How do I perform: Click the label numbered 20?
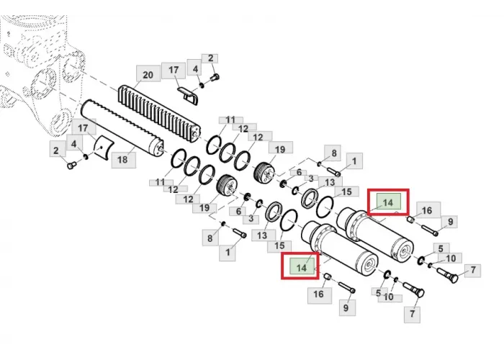click(148, 75)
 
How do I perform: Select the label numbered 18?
click(123, 159)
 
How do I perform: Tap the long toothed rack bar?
click(160, 114)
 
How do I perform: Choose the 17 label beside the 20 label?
click(174, 71)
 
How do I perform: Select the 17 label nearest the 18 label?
click(84, 128)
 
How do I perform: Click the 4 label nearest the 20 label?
click(195, 69)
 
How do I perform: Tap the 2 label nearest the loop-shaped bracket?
click(210, 58)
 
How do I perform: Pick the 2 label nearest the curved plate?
click(57, 150)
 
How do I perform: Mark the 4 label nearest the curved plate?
click(74, 143)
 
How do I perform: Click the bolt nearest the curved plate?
click(71, 166)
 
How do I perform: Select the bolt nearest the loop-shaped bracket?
click(215, 77)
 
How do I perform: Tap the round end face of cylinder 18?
click(157, 148)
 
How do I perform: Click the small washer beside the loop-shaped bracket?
click(202, 85)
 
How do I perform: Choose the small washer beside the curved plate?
click(86, 157)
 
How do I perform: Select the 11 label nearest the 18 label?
click(161, 182)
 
